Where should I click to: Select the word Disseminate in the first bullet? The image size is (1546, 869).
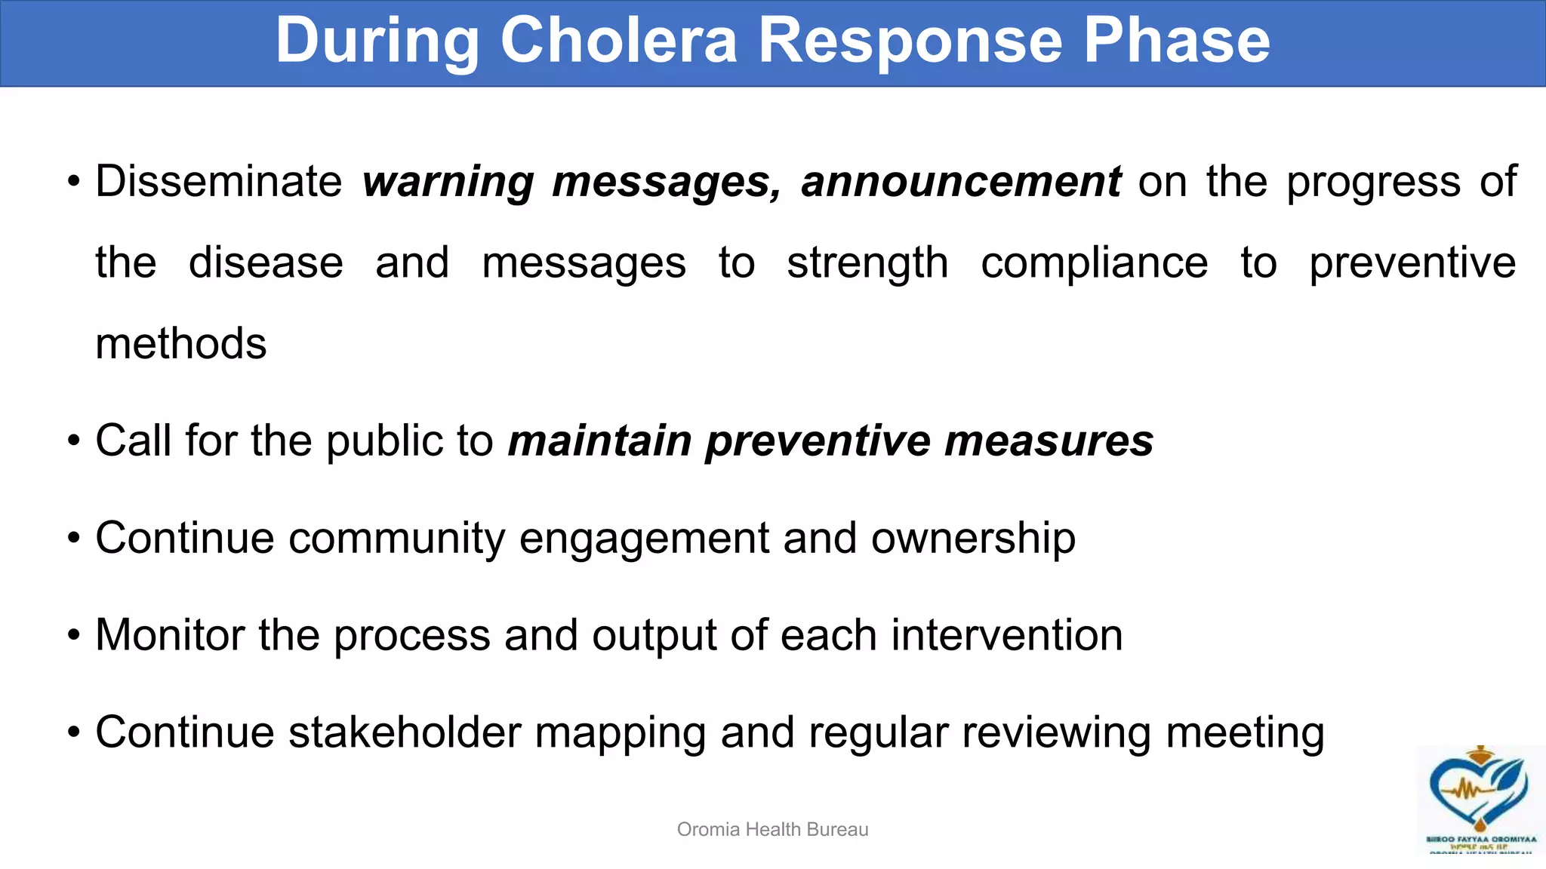click(x=219, y=182)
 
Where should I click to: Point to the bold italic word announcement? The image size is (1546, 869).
click(x=961, y=182)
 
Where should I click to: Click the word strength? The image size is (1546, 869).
click(x=867, y=264)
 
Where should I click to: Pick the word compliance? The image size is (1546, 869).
click(x=1094, y=264)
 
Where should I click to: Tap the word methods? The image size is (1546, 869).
click(x=181, y=344)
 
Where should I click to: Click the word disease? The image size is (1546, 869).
click(x=266, y=263)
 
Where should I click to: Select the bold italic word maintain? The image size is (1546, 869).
click(x=599, y=441)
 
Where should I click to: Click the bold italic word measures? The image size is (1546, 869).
click(x=1049, y=441)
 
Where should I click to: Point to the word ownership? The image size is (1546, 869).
click(x=973, y=539)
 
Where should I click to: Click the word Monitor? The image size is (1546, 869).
click(x=170, y=635)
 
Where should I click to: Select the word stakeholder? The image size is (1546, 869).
click(x=405, y=732)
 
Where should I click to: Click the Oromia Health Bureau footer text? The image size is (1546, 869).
click(x=772, y=830)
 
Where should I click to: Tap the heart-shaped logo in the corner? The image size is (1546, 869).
click(x=1479, y=792)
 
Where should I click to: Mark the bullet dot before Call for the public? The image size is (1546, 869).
click(x=73, y=441)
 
